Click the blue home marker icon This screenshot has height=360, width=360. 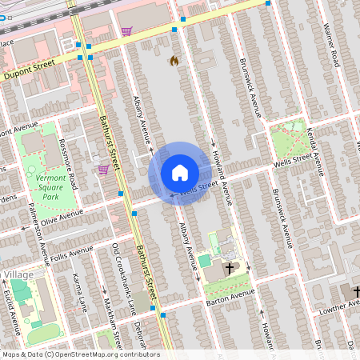pos(180,173)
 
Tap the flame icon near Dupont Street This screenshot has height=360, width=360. pos(174,61)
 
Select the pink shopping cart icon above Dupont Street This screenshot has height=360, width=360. pos(126,31)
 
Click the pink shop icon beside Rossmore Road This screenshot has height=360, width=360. pos(102,169)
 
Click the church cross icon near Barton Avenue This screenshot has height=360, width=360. pos(231,268)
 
